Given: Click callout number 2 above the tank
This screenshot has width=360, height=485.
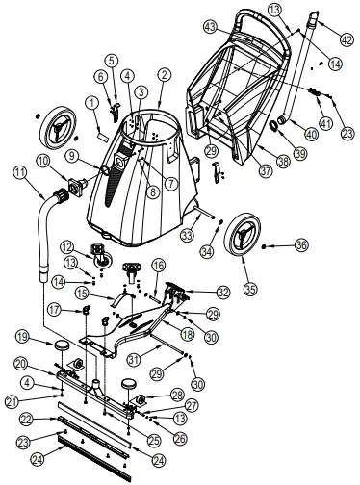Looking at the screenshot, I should point(165,74).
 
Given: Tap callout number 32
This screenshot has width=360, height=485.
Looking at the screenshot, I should point(223,291).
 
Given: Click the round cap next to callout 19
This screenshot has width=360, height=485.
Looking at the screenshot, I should point(62,345).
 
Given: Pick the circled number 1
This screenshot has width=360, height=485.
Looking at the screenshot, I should point(92,102).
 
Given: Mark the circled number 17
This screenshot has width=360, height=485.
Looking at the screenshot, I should point(55,309).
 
